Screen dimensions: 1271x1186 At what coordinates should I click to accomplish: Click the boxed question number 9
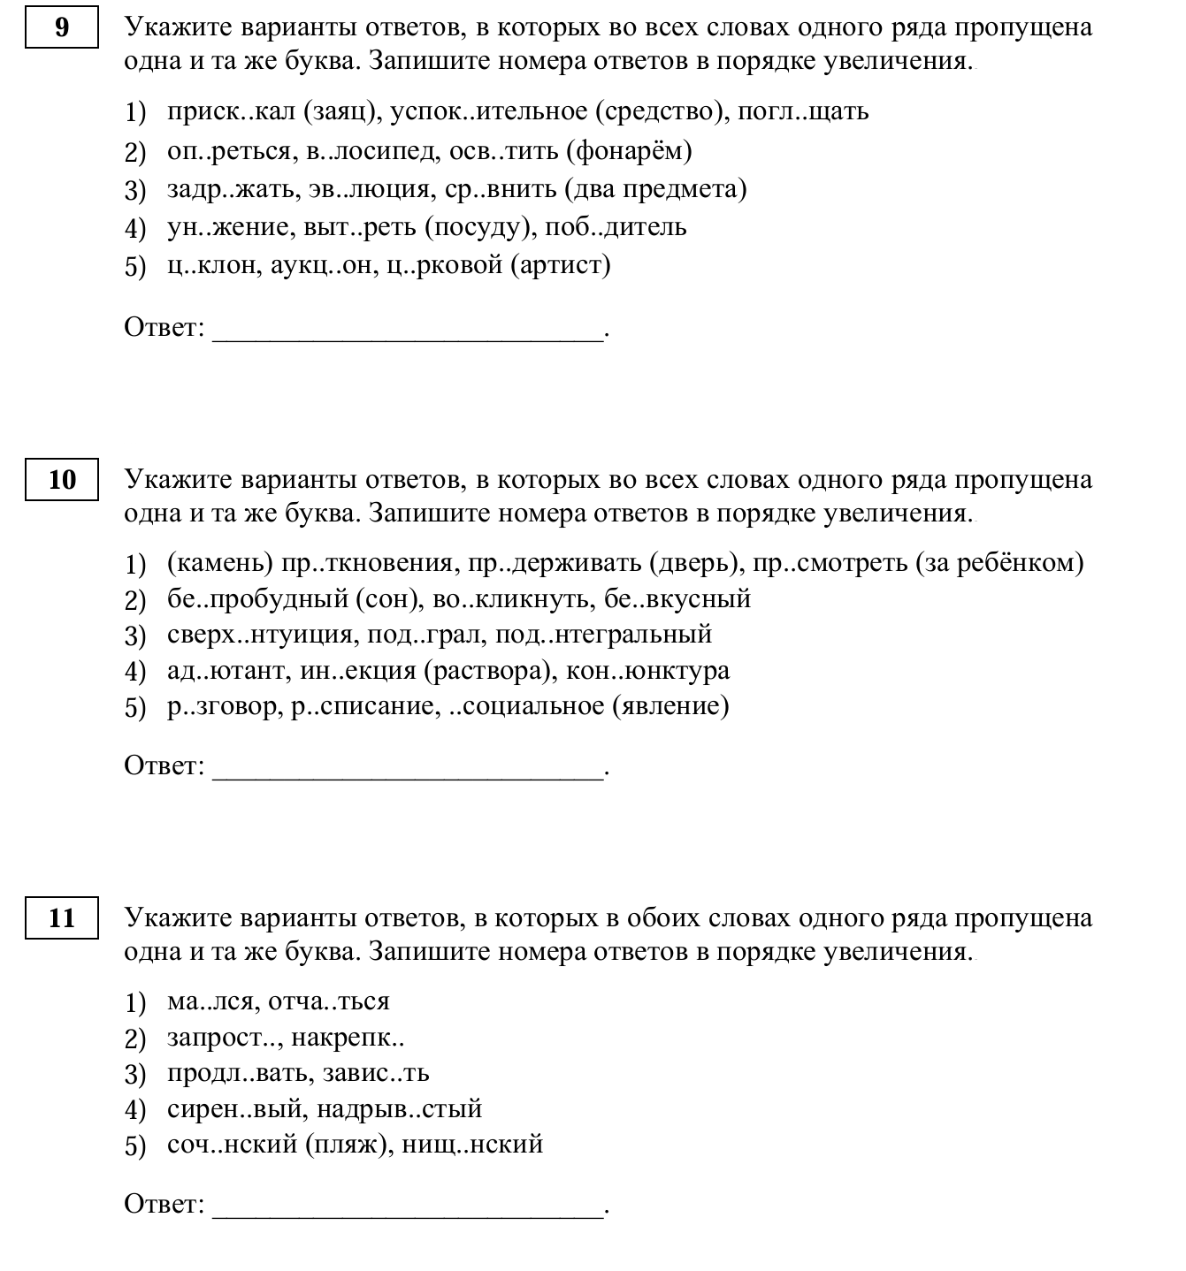tap(61, 28)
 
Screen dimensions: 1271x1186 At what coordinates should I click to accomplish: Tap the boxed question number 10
tap(61, 480)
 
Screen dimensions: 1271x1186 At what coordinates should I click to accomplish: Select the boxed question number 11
tap(61, 918)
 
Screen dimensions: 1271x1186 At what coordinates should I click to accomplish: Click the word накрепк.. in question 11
tap(348, 1038)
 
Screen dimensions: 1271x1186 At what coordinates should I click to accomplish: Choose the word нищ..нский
tap(472, 1145)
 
